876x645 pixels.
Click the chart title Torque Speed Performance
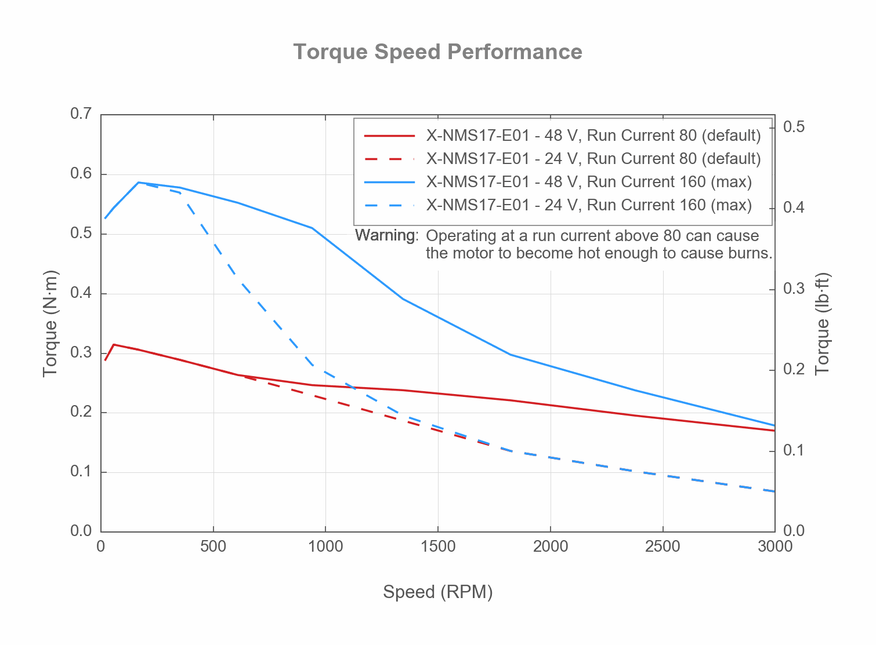pos(437,52)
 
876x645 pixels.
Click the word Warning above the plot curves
pos(385,235)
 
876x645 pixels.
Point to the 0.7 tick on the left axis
pos(81,114)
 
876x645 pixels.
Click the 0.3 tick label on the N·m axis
pos(81,353)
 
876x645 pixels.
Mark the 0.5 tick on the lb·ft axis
pos(794,127)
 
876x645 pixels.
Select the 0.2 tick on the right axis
pos(794,370)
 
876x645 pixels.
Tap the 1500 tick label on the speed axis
pos(437,546)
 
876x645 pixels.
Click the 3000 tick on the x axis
pos(774,546)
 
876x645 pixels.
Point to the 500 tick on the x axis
pos(213,546)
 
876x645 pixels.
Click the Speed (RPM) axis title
pos(437,592)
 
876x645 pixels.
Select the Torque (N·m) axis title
pos(50,323)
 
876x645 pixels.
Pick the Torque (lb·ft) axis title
pos(823,323)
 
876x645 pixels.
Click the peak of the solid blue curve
pos(138,183)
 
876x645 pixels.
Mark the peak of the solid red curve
pos(114,344)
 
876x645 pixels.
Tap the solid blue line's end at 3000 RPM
pos(774,425)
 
